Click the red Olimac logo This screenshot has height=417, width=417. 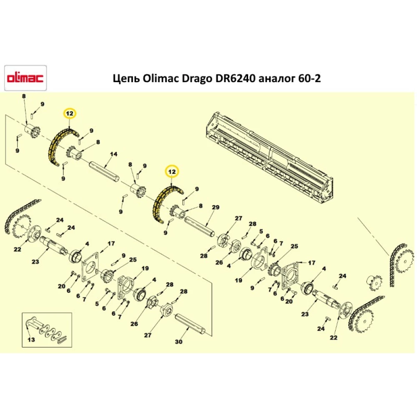(25, 78)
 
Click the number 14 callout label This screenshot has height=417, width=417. (111, 155)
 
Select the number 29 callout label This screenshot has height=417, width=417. (215, 207)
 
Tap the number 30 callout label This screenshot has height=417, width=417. (178, 342)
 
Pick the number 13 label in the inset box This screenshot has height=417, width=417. (31, 340)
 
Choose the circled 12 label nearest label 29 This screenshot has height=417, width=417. (172, 171)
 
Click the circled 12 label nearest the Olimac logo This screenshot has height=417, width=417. (69, 113)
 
